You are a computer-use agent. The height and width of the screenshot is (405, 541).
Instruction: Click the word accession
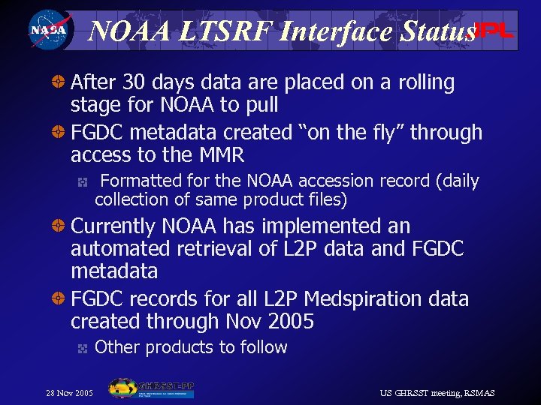(x=328, y=181)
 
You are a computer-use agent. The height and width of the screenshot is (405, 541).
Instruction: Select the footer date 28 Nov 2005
(x=69, y=393)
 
